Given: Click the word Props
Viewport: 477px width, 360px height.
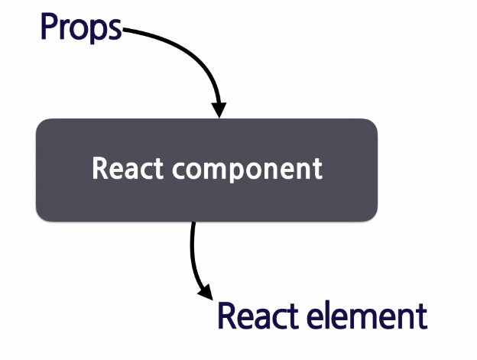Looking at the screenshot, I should click(80, 28).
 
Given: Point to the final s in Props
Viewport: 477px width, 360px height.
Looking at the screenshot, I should click(115, 30).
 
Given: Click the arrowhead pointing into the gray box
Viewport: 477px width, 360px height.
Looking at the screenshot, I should click(219, 110).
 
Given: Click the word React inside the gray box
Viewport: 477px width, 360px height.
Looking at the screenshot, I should click(127, 168).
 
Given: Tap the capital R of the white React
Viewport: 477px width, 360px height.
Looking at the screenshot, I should click(99, 168).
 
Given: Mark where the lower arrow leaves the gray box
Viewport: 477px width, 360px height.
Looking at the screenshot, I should click(193, 224).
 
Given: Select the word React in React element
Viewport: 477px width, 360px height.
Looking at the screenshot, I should click(256, 316).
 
